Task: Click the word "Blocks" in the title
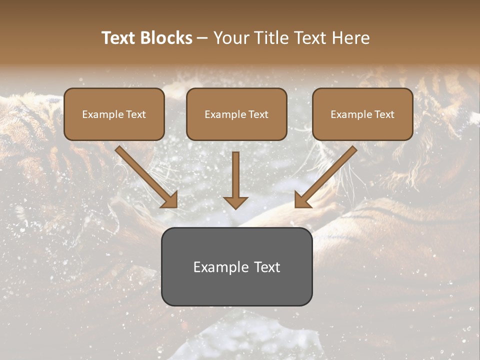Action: tap(167, 38)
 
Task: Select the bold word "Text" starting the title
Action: tap(120, 38)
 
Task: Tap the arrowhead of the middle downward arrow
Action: tap(235, 202)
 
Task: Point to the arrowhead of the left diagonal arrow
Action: tap(170, 200)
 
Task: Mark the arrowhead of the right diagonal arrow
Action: tap(302, 200)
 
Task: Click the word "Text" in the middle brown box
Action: tap(258, 114)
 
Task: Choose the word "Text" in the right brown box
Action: tap(384, 114)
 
